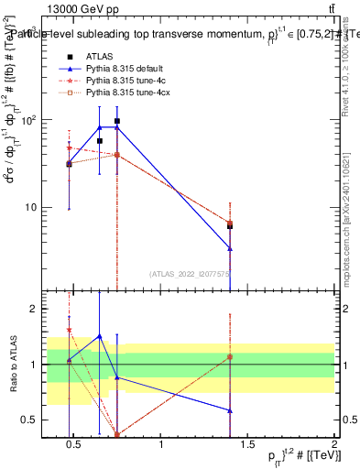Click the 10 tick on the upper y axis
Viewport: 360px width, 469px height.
click(x=33, y=207)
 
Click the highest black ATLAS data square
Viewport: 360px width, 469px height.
click(x=117, y=121)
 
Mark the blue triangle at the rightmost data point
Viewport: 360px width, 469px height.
click(x=230, y=248)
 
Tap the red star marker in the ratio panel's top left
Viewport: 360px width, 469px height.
click(x=70, y=330)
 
